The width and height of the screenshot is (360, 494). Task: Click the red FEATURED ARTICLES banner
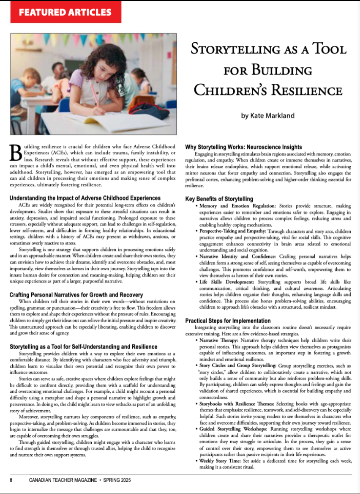65,12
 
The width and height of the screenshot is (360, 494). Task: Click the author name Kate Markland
268,115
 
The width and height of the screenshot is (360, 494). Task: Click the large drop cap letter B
15,153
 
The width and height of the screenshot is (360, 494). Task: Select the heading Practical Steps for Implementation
228,321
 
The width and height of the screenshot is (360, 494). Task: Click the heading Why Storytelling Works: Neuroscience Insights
244,147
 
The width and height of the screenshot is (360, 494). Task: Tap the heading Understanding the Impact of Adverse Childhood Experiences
85,198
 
